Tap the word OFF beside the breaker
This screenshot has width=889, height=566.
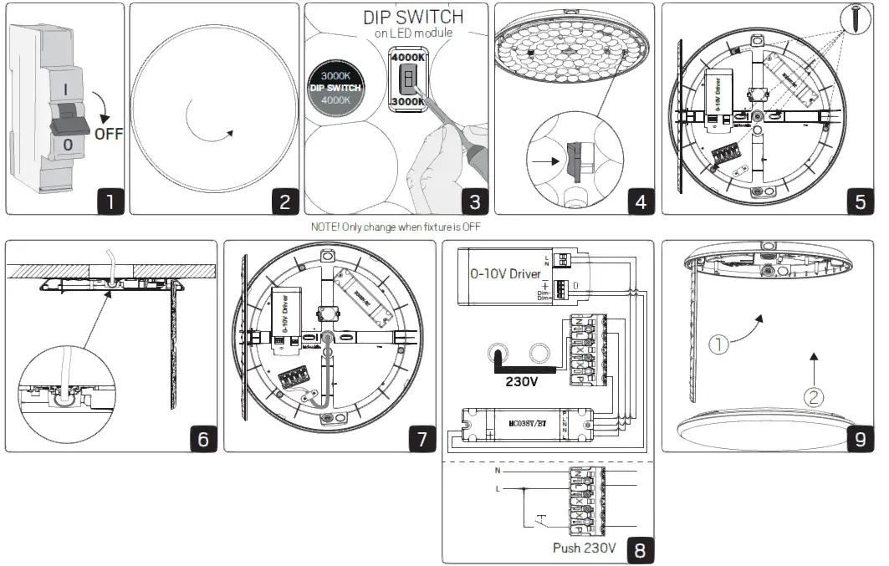tap(108, 133)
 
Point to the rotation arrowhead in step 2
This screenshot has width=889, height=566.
tap(229, 132)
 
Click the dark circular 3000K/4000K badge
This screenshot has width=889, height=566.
tap(335, 88)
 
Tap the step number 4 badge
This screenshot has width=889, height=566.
tap(641, 201)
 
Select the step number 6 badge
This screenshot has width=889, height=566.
tap(203, 438)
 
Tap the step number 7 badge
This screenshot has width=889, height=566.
tap(422, 438)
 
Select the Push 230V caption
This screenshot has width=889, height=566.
tap(585, 548)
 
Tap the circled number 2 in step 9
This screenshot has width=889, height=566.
tap(812, 398)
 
